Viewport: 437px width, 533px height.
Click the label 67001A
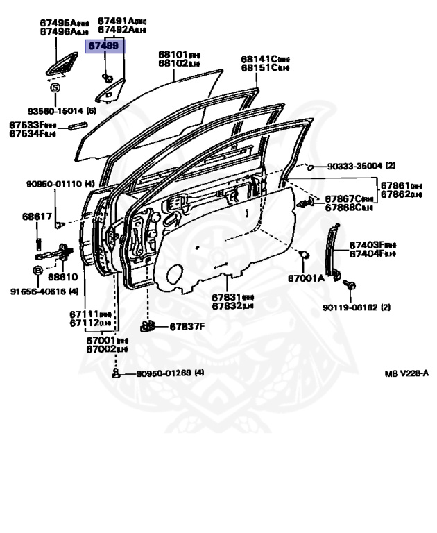click(x=306, y=278)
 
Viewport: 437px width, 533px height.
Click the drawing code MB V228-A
click(x=407, y=373)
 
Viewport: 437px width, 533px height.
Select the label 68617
click(x=37, y=217)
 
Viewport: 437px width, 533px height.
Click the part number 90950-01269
click(x=164, y=373)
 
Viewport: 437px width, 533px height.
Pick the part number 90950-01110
click(x=54, y=184)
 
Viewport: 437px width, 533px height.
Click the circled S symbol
click(x=54, y=87)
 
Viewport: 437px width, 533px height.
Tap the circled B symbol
click(x=37, y=269)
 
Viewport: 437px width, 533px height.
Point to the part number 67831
click(x=226, y=296)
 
